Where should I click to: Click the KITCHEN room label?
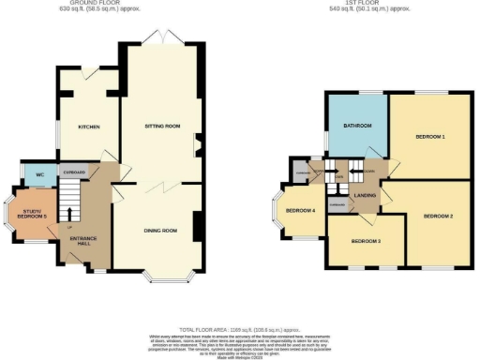(x=89, y=127)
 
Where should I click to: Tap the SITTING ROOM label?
(x=161, y=126)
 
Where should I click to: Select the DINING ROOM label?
(x=160, y=231)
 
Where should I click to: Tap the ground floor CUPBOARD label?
(x=75, y=172)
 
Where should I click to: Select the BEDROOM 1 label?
(x=430, y=138)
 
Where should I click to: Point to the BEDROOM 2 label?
(x=437, y=217)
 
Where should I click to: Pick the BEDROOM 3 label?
(x=366, y=241)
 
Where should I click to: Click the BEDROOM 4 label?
(x=300, y=209)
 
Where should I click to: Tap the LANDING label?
(x=366, y=194)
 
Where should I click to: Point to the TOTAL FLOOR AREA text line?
(x=239, y=331)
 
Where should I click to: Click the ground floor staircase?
(x=67, y=201)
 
